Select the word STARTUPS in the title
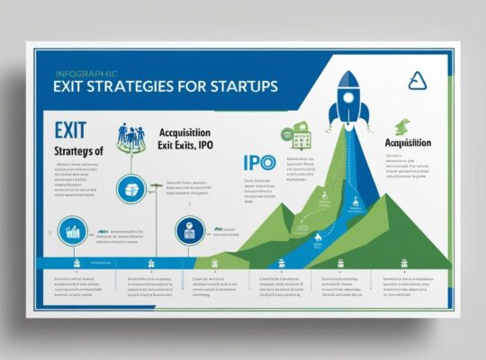point(241,89)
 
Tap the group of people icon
point(132,136)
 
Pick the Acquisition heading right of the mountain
point(407,142)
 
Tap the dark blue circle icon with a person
point(187,229)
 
